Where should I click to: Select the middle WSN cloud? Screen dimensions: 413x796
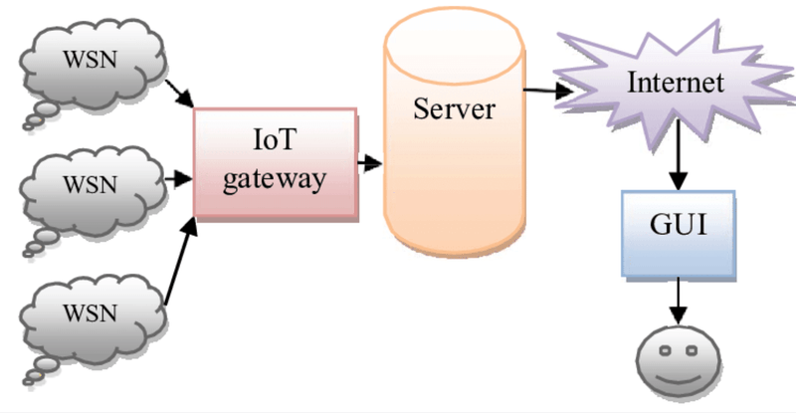click(90, 185)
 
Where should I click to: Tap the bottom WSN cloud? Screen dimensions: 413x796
click(90, 312)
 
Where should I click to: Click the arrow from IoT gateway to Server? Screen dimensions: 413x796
click(370, 161)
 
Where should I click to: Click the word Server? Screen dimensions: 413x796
click(453, 107)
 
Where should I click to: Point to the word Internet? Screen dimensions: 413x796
click(676, 82)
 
